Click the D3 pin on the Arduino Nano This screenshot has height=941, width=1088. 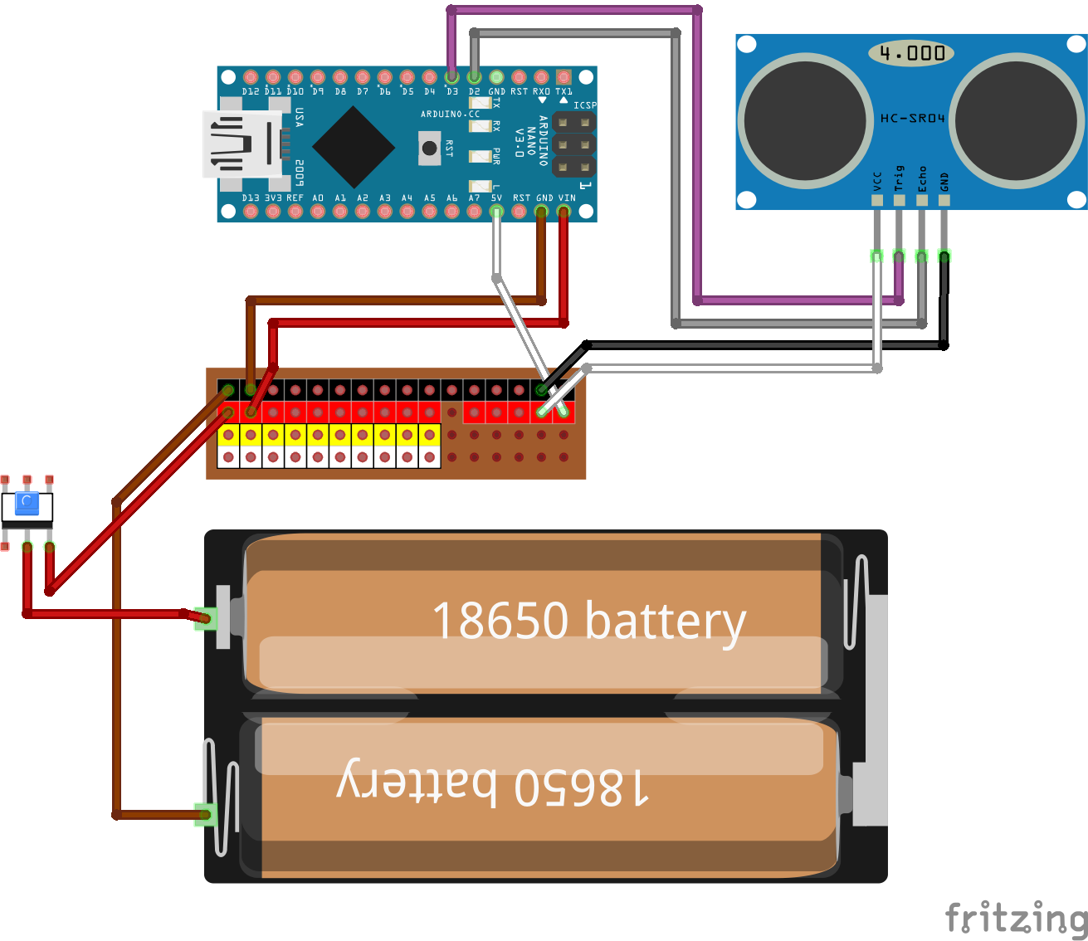[x=451, y=77]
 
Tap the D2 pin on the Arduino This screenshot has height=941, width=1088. [x=474, y=77]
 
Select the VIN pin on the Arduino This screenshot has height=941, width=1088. [x=564, y=212]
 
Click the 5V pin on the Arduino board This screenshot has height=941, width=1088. [x=496, y=212]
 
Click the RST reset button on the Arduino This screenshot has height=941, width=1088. [x=429, y=148]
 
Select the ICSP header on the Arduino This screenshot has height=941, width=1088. [x=574, y=145]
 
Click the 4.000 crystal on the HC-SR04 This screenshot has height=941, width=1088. [x=911, y=54]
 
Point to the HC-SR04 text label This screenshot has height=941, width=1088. [x=912, y=119]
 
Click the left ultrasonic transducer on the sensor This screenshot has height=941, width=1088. [x=806, y=120]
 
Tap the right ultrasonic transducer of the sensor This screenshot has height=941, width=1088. [x=1017, y=120]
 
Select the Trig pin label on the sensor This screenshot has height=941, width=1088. [x=899, y=178]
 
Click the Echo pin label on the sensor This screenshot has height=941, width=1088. [x=921, y=178]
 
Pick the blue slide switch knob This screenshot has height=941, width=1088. [x=27, y=502]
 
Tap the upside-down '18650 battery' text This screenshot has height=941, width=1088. [x=493, y=784]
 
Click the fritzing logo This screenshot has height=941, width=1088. [x=1016, y=918]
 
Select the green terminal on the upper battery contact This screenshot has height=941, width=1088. [x=206, y=618]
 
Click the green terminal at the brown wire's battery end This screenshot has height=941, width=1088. [x=205, y=815]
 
